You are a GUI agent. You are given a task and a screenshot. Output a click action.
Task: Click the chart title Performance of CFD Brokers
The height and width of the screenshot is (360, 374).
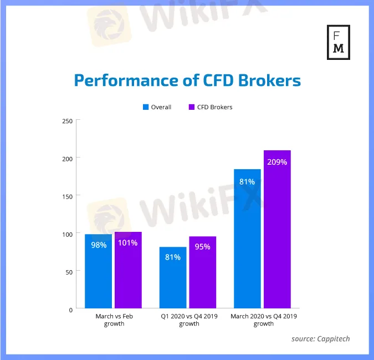point(187,80)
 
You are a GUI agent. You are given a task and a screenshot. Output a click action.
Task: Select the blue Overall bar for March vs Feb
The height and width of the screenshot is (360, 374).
point(98,272)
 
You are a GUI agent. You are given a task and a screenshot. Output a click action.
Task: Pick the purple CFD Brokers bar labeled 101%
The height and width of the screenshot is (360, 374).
point(128,272)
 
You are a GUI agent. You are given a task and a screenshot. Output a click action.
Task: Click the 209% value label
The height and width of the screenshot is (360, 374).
point(277,163)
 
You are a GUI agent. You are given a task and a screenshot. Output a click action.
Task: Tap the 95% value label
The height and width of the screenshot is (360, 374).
point(203,247)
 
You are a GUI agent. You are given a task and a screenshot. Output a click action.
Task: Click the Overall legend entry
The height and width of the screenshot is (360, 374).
point(157,107)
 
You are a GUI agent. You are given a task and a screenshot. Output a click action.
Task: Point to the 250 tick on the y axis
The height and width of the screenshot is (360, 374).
point(68,120)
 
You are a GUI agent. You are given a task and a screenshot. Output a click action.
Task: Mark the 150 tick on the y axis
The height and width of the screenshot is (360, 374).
point(68,196)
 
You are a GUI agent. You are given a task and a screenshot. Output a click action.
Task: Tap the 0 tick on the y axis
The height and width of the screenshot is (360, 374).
point(71,310)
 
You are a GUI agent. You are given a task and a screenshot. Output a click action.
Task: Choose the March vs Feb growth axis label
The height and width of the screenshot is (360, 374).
point(114,320)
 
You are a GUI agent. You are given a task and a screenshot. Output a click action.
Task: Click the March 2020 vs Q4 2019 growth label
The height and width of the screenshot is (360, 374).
point(263,320)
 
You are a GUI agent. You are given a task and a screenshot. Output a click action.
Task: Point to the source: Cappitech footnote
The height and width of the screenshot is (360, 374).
point(320,338)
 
